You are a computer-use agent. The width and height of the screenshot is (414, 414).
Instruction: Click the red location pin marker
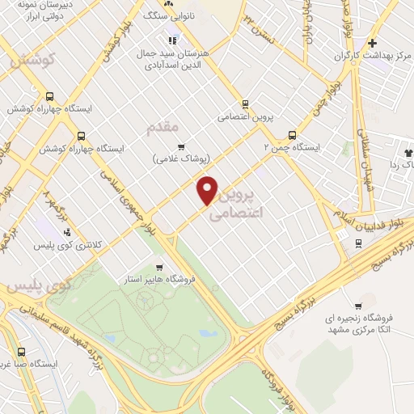(x=208, y=189)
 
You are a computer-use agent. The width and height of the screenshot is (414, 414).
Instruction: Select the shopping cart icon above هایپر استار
(x=160, y=267)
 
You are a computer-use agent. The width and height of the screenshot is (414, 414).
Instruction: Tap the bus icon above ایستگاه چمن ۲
(x=292, y=136)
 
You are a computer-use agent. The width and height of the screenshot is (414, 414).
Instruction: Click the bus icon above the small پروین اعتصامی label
(x=246, y=103)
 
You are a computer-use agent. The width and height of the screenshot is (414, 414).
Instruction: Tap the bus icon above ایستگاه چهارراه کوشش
(x=50, y=95)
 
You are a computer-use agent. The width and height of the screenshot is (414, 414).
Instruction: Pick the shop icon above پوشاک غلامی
(x=181, y=146)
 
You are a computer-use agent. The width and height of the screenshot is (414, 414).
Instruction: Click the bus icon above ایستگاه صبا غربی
(x=21, y=352)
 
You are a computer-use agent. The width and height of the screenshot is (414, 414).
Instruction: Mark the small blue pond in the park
(x=207, y=332)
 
